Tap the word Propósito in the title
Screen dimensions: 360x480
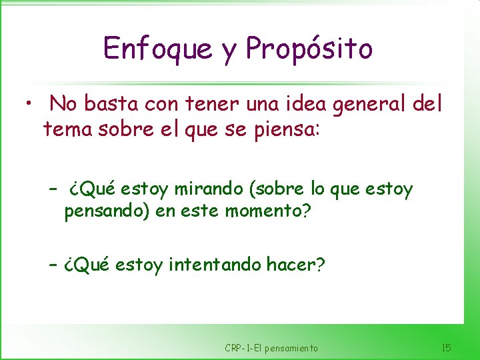point(309,49)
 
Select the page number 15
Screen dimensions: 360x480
point(447,347)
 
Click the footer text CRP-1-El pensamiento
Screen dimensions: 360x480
point(271,348)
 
